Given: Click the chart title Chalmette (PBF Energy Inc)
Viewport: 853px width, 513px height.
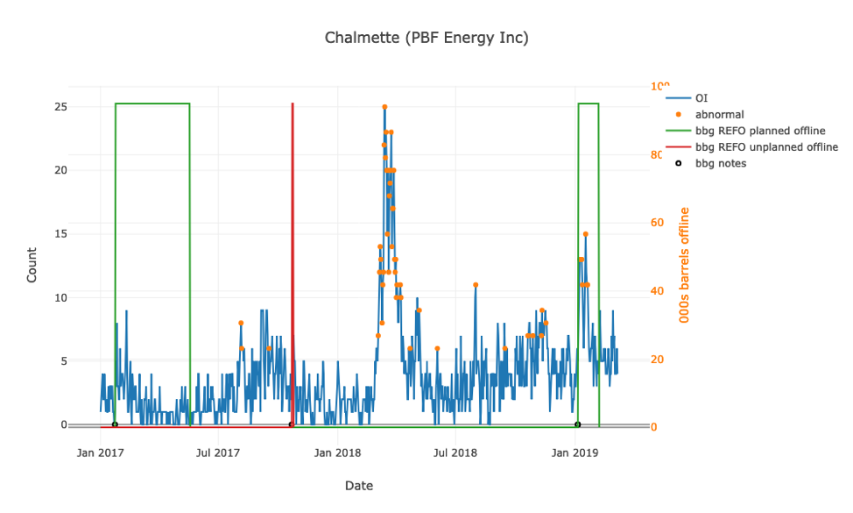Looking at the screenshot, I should point(426,38).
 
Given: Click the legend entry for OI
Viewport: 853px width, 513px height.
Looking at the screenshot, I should point(701,97).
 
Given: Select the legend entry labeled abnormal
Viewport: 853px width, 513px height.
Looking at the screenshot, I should point(720,114).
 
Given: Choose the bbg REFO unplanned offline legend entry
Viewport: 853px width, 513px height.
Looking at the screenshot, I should point(766,146).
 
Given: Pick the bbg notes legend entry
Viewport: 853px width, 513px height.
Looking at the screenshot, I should point(721,163).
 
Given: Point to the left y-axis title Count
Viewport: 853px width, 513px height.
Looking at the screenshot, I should point(32,265).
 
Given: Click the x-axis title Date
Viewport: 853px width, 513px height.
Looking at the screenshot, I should point(359,485).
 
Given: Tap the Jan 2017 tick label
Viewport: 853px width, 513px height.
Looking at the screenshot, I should point(99,452).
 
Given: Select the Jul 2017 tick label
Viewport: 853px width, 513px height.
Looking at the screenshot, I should point(217,452).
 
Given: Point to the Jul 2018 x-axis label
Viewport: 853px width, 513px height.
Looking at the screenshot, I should point(455,452).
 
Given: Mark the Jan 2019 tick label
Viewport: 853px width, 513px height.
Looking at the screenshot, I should point(575,452).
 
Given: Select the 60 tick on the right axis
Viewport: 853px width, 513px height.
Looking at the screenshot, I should point(657,223).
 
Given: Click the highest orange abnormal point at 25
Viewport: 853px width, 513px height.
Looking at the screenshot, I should point(384,107).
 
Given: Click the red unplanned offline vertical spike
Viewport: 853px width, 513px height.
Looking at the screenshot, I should point(293,263).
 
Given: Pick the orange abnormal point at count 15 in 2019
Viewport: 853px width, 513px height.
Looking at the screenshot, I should point(585,234).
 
